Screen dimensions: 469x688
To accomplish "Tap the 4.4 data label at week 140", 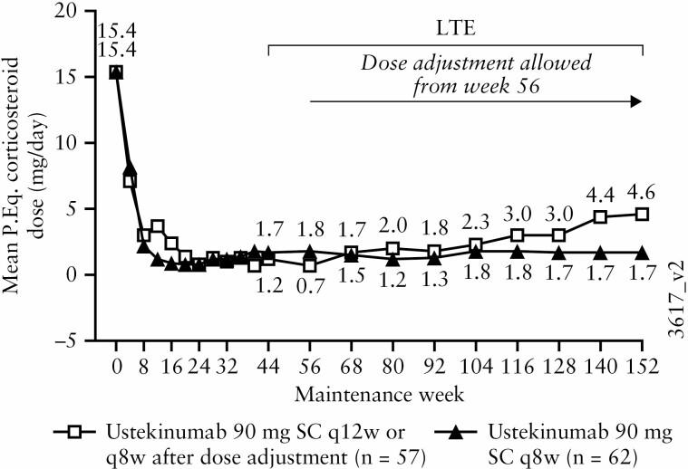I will (x=600, y=193).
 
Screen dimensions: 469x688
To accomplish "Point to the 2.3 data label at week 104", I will (x=476, y=223).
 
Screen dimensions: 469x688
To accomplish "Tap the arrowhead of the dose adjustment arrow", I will (x=635, y=102).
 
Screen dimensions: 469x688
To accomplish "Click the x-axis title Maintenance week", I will (x=380, y=395).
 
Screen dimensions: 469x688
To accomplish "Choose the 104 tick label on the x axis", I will (x=476, y=369).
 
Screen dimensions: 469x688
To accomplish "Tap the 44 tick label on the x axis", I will (x=268, y=369).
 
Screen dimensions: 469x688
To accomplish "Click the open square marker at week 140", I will (x=600, y=216).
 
